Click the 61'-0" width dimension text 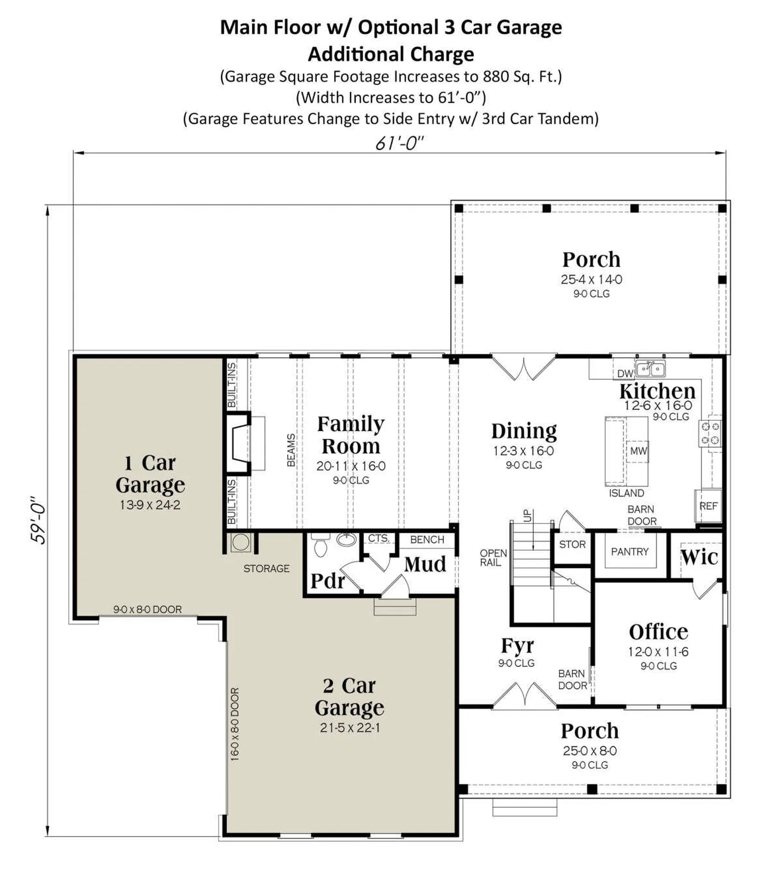point(399,143)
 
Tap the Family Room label point(351,434)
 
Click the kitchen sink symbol point(650,368)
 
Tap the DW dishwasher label point(624,373)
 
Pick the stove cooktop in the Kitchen point(710,433)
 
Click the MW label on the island point(638,451)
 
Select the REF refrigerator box point(708,506)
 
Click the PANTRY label point(629,551)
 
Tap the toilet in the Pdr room point(321,546)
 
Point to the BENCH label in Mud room point(427,540)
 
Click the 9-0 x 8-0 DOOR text point(147,609)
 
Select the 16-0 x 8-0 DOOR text point(234,724)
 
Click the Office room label point(658,632)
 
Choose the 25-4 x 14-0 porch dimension point(591,279)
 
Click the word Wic point(699,557)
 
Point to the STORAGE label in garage point(266,568)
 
